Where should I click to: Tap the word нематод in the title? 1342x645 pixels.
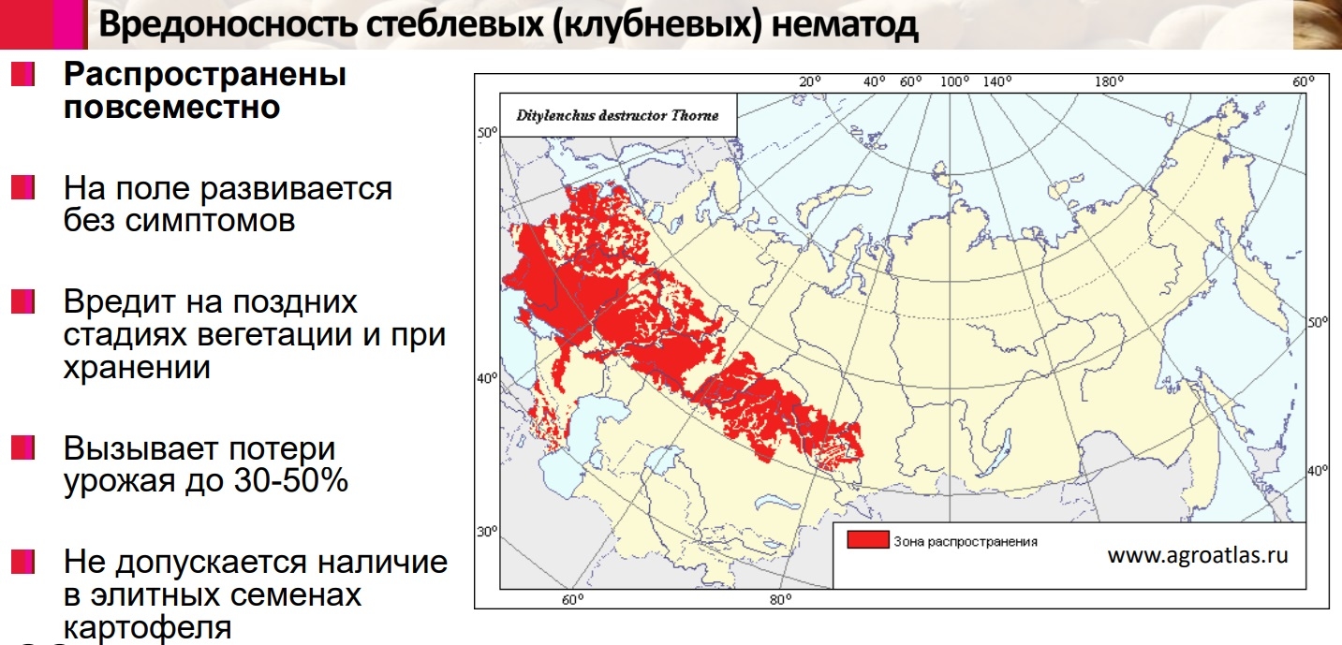pos(847,25)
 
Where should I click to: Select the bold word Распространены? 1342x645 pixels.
pos(205,75)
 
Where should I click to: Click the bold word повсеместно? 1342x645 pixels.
pos(171,107)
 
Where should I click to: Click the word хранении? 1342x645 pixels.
pos(137,367)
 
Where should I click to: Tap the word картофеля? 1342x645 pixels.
pos(147,626)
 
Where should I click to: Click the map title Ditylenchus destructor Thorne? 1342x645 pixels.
pos(617,116)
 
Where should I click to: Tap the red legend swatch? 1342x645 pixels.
pos(866,540)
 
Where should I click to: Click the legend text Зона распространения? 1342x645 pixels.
pos(965,541)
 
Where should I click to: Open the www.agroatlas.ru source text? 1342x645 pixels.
pos(1198,555)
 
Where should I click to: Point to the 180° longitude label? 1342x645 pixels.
pos(1108,81)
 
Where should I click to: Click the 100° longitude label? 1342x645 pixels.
pos(954,81)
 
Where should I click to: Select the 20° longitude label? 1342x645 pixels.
pos(809,81)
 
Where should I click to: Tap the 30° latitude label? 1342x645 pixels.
pos(487,531)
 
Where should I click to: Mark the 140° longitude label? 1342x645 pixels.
pos(996,81)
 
